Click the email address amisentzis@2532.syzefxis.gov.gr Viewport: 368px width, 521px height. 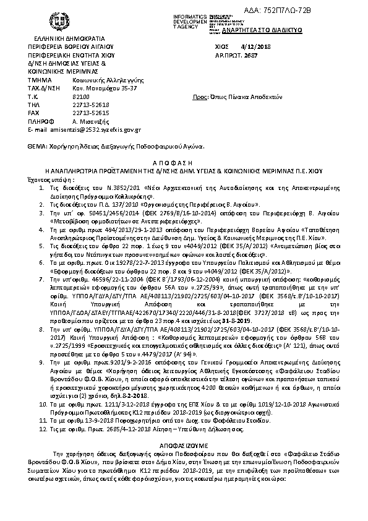pos(89,131)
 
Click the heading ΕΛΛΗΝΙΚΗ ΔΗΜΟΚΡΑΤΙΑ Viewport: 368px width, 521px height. pos(66,38)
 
